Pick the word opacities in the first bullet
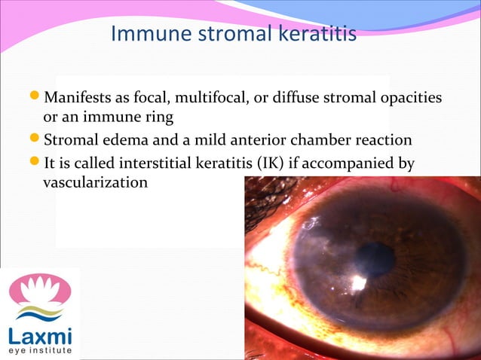[x=410, y=99]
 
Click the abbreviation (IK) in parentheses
[x=283, y=162]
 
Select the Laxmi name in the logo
[x=39, y=334]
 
